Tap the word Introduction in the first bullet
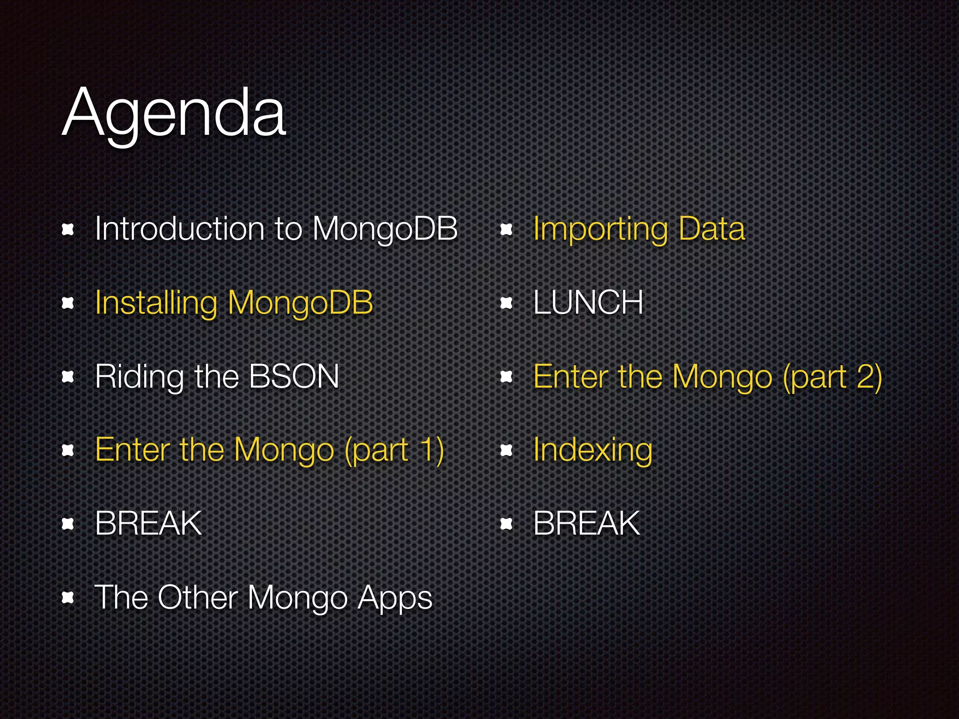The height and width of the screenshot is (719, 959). (x=179, y=229)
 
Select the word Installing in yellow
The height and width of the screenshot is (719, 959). (x=155, y=303)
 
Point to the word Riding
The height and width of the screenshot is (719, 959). (x=139, y=377)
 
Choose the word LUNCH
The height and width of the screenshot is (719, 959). (x=588, y=302)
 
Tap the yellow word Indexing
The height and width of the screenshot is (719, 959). (x=592, y=450)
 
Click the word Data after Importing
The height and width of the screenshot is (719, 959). (x=711, y=229)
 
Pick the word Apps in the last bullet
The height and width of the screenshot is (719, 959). (x=395, y=598)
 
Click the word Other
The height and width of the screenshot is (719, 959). (x=198, y=597)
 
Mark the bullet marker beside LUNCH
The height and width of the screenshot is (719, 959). (x=506, y=303)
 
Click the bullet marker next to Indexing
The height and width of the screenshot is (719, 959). (x=506, y=450)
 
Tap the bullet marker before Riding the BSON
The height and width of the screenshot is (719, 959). (x=68, y=376)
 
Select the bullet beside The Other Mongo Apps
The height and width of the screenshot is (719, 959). (x=68, y=597)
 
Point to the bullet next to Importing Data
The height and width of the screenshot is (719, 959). (x=506, y=229)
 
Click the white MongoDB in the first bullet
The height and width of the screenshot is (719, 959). (x=384, y=229)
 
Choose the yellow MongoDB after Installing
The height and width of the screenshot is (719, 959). (x=300, y=303)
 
